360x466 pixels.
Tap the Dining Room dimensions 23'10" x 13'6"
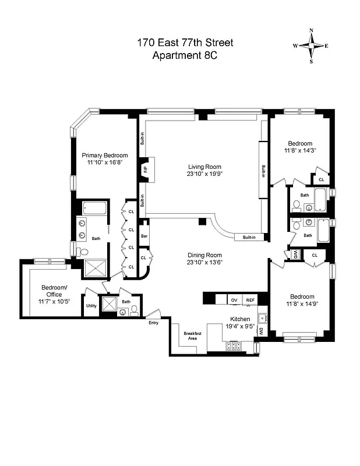(204, 262)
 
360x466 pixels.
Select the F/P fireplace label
(145, 170)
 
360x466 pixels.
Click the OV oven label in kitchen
(234, 299)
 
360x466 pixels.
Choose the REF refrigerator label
(250, 299)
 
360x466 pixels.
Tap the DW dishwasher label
(261, 331)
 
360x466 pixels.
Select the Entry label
(153, 322)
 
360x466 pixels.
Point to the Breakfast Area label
(192, 336)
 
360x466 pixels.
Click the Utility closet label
(91, 305)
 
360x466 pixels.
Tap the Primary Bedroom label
(104, 155)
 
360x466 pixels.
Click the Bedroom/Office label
(54, 291)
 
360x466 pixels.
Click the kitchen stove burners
(234, 346)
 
